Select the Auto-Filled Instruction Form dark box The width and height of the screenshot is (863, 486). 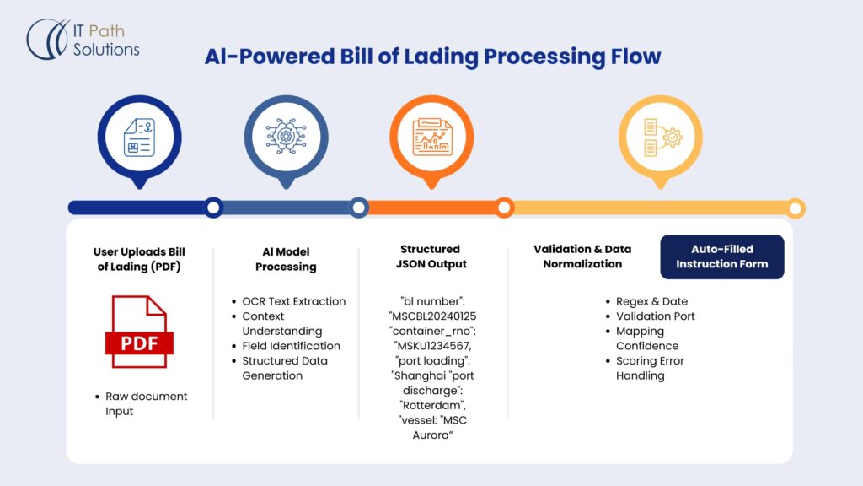click(721, 256)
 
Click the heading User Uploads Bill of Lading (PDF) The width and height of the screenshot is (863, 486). click(139, 259)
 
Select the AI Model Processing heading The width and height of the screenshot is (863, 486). click(286, 259)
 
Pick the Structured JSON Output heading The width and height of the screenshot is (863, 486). click(430, 256)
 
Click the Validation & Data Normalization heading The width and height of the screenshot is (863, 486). click(582, 256)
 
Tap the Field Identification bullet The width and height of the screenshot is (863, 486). click(291, 346)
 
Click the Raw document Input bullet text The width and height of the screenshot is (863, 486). click(146, 403)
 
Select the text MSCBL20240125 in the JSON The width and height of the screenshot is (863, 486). click(431, 316)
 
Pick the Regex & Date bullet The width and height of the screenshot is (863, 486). click(651, 301)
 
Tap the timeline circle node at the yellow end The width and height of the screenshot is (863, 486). click(796, 208)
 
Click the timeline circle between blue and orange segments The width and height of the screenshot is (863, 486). click(359, 208)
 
